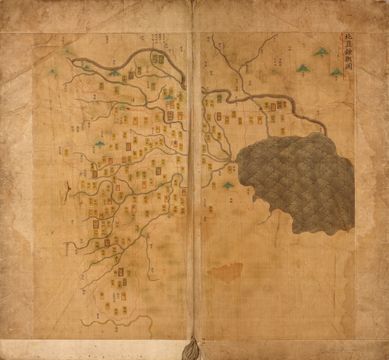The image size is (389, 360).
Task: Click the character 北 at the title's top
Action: coord(346,37)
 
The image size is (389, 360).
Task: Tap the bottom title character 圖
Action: coord(346,73)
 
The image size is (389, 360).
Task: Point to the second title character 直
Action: coord(346,45)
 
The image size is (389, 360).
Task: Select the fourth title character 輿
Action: coord(346,64)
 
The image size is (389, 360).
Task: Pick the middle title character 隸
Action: coord(346,54)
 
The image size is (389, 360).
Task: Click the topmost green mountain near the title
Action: coord(322,51)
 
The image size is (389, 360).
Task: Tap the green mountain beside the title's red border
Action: coord(336,71)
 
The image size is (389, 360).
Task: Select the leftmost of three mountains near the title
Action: coord(301,67)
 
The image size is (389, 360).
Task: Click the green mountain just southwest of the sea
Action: coord(228,186)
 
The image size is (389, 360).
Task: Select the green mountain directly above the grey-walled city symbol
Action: coord(169,98)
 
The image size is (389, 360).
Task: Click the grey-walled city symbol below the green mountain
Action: coord(171,115)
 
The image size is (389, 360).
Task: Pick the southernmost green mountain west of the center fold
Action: coord(99,143)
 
